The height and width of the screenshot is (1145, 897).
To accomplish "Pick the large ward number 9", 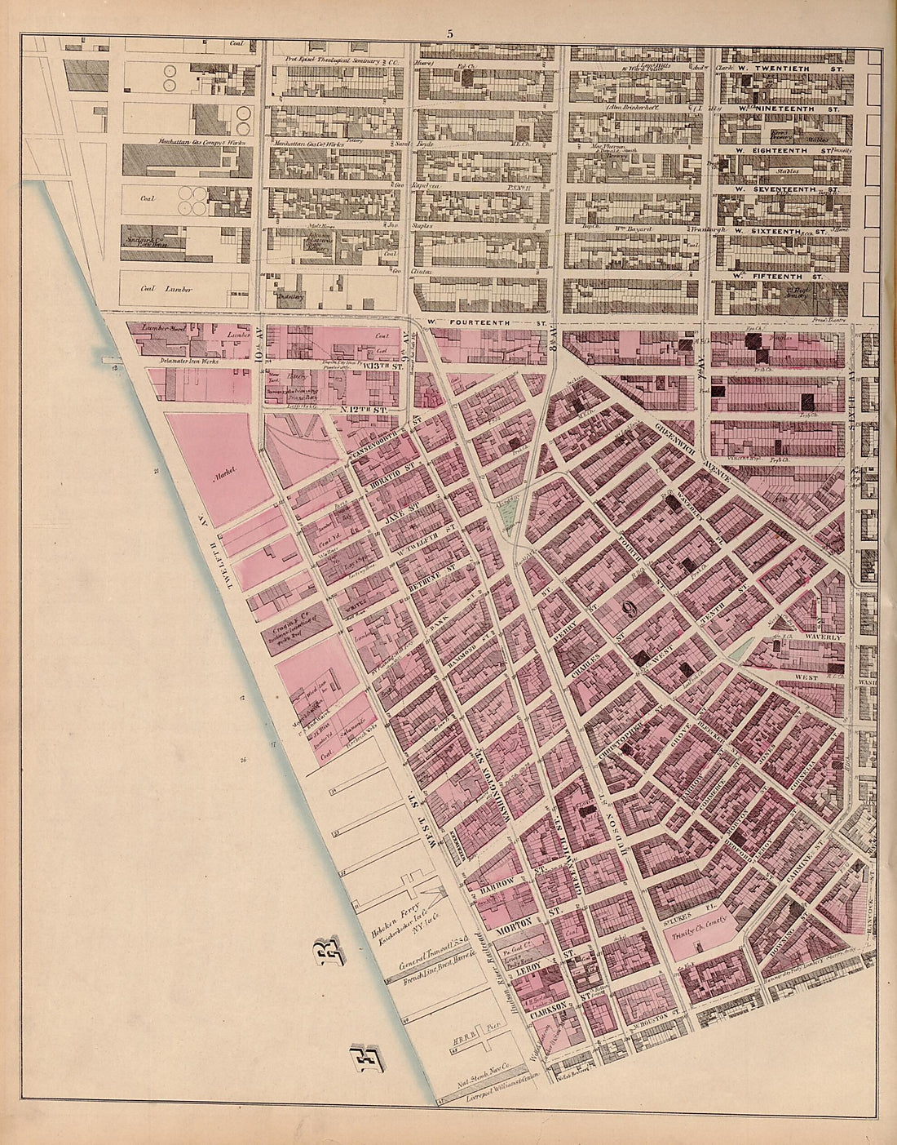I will pos(629,607).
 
